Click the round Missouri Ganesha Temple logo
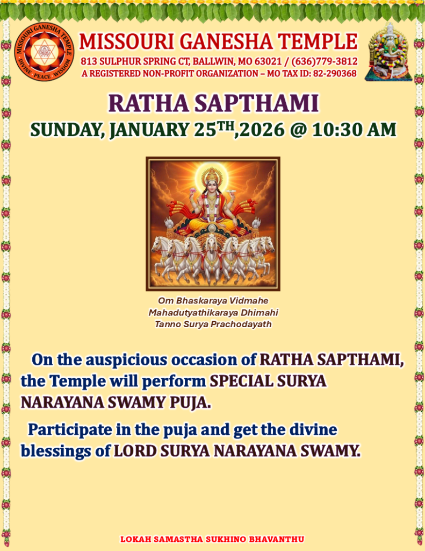click(x=44, y=52)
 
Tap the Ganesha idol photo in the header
click(x=388, y=52)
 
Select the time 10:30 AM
click(x=354, y=129)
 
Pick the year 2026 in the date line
click(x=262, y=130)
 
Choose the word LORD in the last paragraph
click(x=135, y=451)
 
